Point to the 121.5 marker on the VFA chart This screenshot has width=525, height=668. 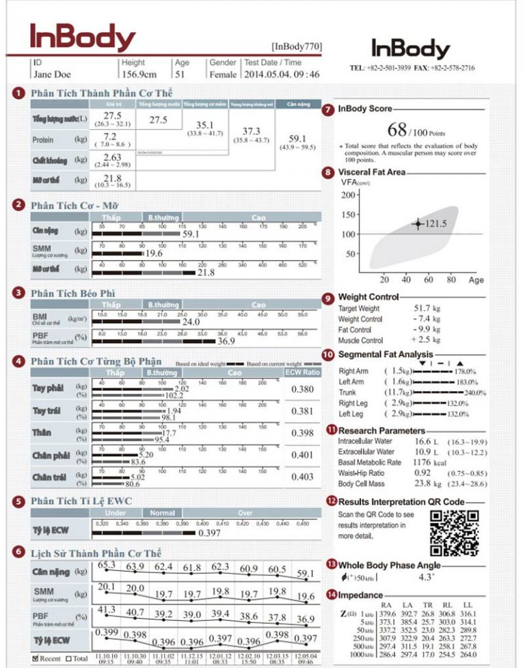point(418,223)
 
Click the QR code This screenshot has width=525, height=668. point(454,533)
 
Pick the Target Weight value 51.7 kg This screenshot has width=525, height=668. point(427,309)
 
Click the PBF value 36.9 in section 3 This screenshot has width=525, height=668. point(226,341)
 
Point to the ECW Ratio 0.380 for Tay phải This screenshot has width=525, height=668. point(303,389)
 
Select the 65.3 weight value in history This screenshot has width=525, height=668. point(107,565)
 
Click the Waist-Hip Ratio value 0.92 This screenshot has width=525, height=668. point(422,473)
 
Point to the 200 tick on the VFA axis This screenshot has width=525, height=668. point(349,195)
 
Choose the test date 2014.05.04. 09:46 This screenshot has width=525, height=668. point(282,74)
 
